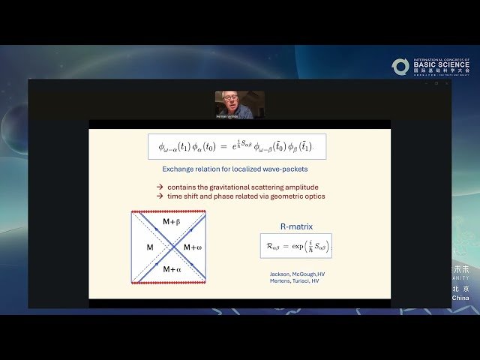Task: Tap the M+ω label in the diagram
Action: point(193,247)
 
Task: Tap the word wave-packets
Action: point(284,169)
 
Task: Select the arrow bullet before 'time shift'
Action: point(160,196)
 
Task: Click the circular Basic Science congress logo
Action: point(400,67)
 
